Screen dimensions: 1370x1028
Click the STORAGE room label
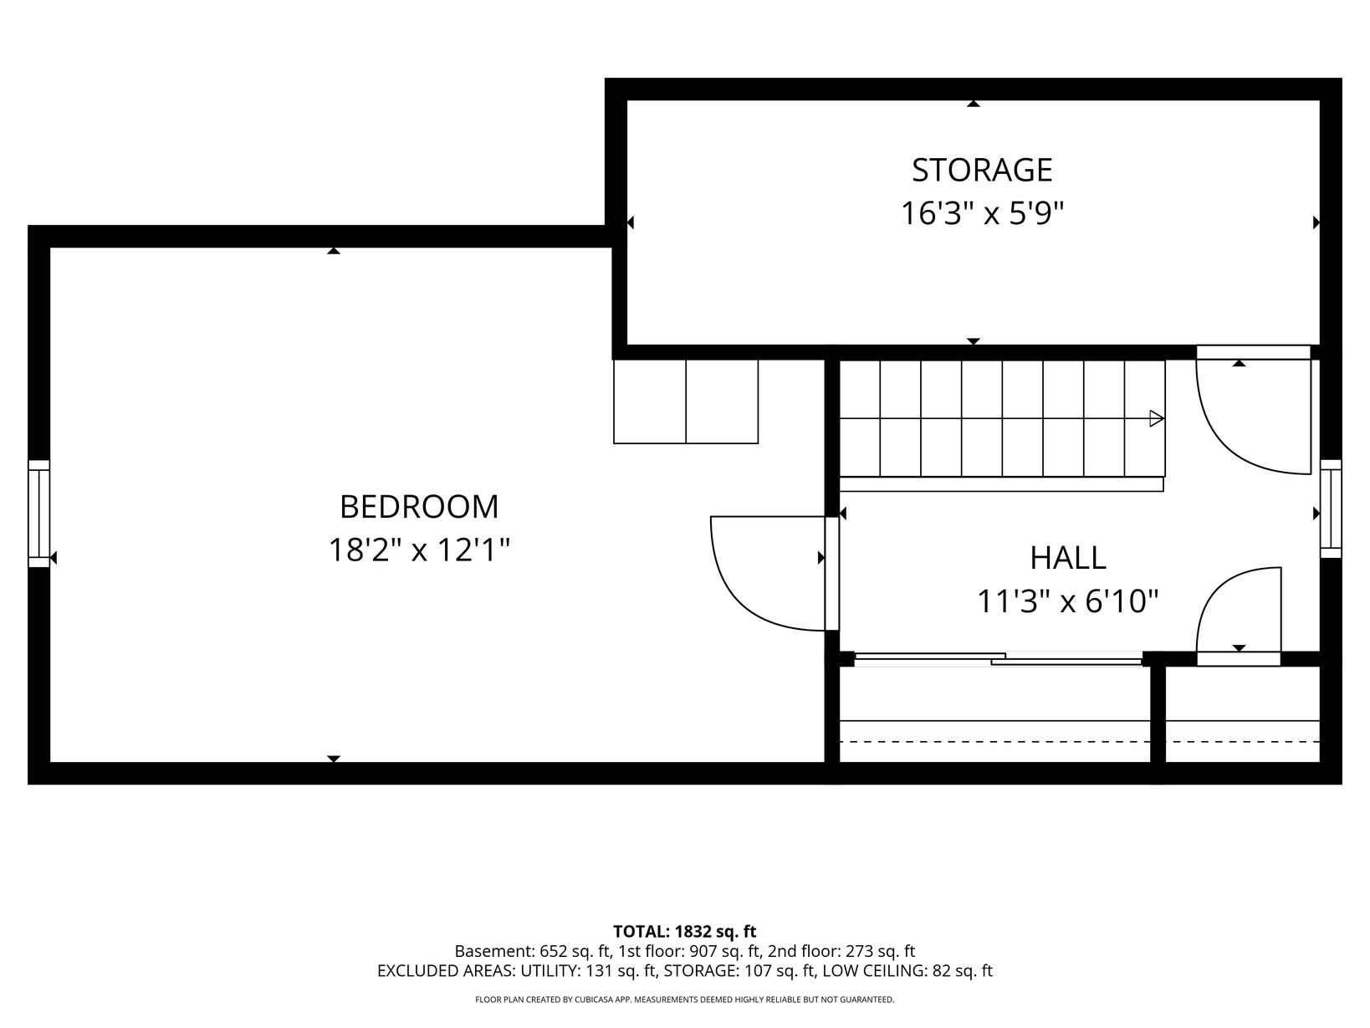[x=982, y=171]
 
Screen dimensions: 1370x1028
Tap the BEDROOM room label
[x=419, y=507]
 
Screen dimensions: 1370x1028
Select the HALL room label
[x=1068, y=558]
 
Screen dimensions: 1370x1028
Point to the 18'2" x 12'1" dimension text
[x=419, y=550]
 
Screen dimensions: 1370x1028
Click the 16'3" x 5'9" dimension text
[x=982, y=214]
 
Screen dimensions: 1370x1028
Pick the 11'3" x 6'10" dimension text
[x=1067, y=602]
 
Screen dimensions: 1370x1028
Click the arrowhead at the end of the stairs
[x=1157, y=418]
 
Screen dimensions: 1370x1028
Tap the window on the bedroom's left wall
[x=38, y=514]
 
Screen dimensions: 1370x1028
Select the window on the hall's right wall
[x=1331, y=509]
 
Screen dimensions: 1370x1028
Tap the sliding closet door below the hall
[x=998, y=659]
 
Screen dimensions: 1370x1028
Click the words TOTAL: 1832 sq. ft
[x=684, y=932]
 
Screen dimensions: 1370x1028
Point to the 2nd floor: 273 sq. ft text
[x=841, y=952]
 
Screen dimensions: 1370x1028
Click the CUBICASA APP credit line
[x=685, y=1000]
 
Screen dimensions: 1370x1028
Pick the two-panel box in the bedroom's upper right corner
[x=685, y=401]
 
